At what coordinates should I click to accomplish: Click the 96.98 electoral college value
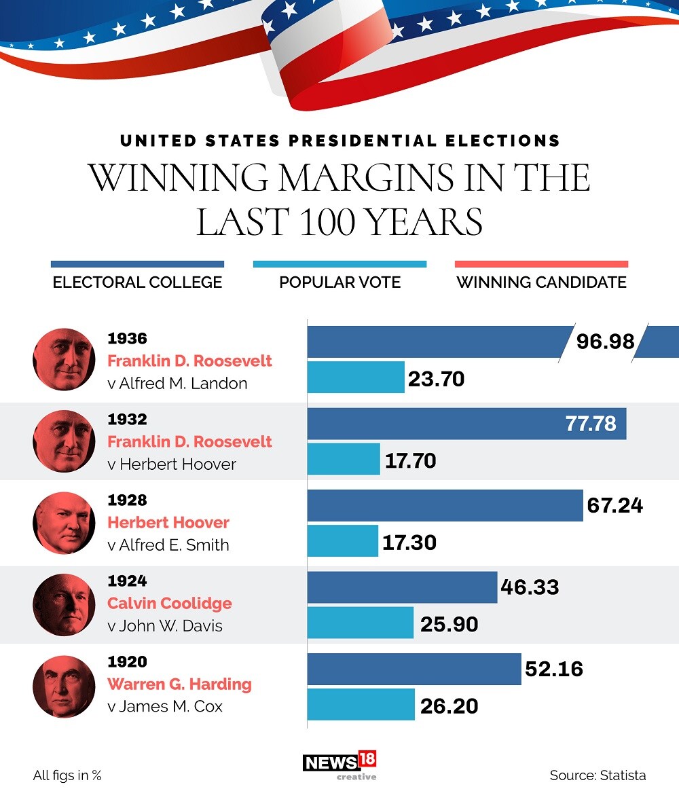(605, 341)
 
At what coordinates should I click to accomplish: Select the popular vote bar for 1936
(356, 378)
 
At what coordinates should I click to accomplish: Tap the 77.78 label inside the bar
(591, 424)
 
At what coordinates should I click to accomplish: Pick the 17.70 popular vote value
(410, 461)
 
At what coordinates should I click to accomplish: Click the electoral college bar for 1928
(445, 505)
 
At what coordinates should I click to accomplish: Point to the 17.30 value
(409, 542)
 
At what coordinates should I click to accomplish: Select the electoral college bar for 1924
(402, 587)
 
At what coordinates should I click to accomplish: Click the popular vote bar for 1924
(360, 623)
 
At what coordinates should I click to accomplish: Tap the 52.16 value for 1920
(553, 669)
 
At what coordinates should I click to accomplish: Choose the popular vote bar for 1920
(361, 704)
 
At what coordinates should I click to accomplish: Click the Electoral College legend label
(137, 282)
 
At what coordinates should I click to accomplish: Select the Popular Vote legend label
(339, 282)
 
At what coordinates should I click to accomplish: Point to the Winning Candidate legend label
(541, 282)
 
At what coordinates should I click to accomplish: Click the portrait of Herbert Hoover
(64, 523)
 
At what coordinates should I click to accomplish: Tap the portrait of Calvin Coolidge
(64, 604)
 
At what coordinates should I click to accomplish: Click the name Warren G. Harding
(179, 684)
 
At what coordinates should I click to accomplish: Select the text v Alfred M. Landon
(177, 384)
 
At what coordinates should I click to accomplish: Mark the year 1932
(127, 420)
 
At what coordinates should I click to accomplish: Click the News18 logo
(339, 764)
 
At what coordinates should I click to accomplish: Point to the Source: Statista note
(598, 775)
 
